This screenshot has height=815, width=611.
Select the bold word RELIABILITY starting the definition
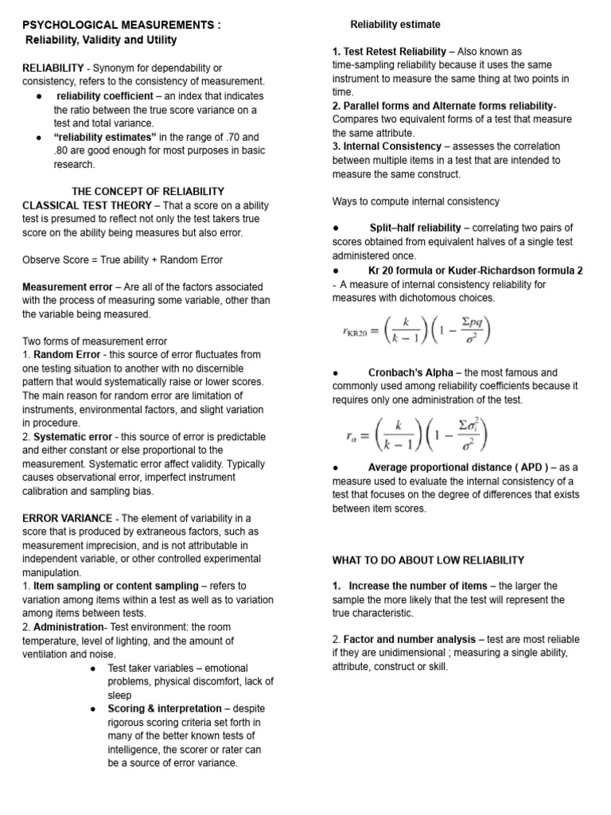pyautogui.click(x=53, y=68)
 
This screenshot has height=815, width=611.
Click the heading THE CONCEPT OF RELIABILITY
pyautogui.click(x=148, y=191)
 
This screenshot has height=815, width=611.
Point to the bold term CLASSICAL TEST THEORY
pyautogui.click(x=87, y=205)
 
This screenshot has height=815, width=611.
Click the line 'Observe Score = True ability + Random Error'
pyautogui.click(x=123, y=259)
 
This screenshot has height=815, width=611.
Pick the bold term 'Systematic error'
pyautogui.click(x=72, y=436)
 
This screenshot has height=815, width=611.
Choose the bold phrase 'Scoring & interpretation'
pyautogui.click(x=165, y=708)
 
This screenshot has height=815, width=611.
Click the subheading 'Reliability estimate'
pyautogui.click(x=395, y=25)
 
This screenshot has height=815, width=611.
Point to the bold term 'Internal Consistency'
pyautogui.click(x=391, y=146)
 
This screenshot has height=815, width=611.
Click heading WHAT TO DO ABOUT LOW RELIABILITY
pyautogui.click(x=428, y=560)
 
